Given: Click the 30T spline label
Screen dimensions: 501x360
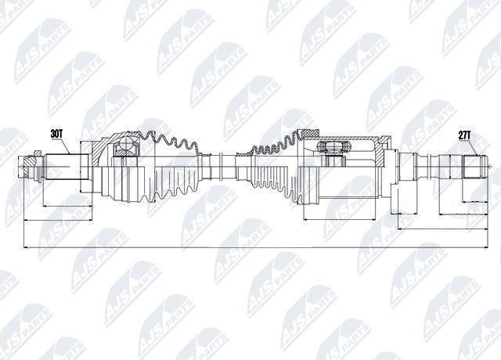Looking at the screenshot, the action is point(56,134).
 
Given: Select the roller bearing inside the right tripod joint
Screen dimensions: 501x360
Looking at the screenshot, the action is point(334,146).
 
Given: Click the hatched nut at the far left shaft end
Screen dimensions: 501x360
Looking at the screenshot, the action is point(31,160).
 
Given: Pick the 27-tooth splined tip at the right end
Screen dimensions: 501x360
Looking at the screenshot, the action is point(475,167).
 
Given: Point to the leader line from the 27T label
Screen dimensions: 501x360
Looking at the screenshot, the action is point(473,147).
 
